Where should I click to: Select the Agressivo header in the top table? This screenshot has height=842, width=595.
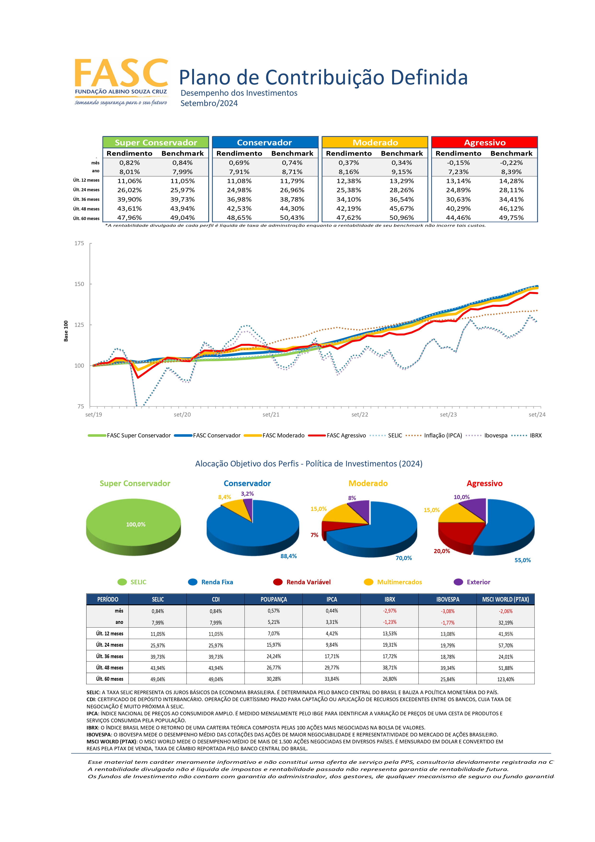click(x=485, y=142)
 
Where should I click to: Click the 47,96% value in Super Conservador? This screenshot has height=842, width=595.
click(x=130, y=217)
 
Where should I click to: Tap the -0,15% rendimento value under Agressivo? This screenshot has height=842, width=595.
click(x=458, y=162)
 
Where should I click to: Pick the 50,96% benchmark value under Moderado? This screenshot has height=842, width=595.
click(x=401, y=217)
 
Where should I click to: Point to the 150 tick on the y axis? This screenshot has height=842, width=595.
click(x=79, y=284)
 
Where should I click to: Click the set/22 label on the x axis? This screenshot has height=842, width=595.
click(x=360, y=414)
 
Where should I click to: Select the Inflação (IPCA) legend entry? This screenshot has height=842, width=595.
click(x=434, y=435)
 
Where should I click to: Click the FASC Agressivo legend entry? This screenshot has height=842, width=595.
click(x=337, y=435)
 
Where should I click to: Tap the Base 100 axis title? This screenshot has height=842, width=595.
click(x=66, y=331)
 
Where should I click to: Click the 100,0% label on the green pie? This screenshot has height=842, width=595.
click(x=136, y=524)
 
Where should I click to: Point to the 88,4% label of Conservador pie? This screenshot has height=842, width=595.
click(x=289, y=556)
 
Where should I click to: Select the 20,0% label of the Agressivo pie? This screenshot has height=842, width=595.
click(x=442, y=551)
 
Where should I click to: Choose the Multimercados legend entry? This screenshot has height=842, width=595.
click(x=393, y=582)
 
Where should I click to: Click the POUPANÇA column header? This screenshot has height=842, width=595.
click(x=273, y=599)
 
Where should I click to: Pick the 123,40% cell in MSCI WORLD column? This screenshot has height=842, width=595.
click(x=506, y=679)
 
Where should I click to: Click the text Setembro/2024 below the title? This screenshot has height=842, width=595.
click(x=209, y=103)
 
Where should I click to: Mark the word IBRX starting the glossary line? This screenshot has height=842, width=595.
click(x=92, y=728)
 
